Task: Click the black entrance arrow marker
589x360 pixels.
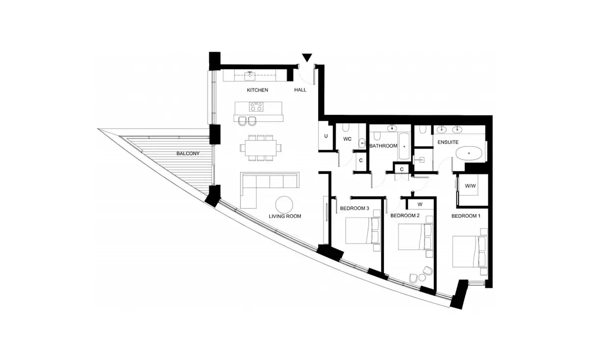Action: [x=307, y=57]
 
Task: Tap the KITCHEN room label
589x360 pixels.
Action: [x=257, y=90]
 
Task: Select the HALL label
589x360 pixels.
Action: [x=300, y=90]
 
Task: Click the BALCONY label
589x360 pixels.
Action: [x=188, y=153]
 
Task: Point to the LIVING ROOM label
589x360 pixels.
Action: [x=285, y=216]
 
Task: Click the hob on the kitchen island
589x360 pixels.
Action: [x=256, y=107]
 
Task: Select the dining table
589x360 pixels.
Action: [x=261, y=148]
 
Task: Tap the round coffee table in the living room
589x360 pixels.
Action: [x=284, y=205]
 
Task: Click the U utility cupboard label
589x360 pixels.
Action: [x=326, y=136]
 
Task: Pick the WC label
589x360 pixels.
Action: [x=348, y=139]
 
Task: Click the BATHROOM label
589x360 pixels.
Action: [x=383, y=146]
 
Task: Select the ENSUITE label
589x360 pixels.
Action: [x=448, y=142]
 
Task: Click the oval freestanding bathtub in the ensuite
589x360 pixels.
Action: [x=469, y=153]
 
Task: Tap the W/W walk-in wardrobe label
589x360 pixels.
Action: [x=470, y=186]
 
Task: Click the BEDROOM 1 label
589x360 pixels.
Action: [x=466, y=216]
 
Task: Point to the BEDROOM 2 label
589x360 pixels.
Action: [x=405, y=216]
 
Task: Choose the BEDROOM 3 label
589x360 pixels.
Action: [x=354, y=208]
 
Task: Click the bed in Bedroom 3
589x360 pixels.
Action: [x=363, y=230]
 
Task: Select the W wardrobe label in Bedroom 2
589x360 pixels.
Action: [x=420, y=204]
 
